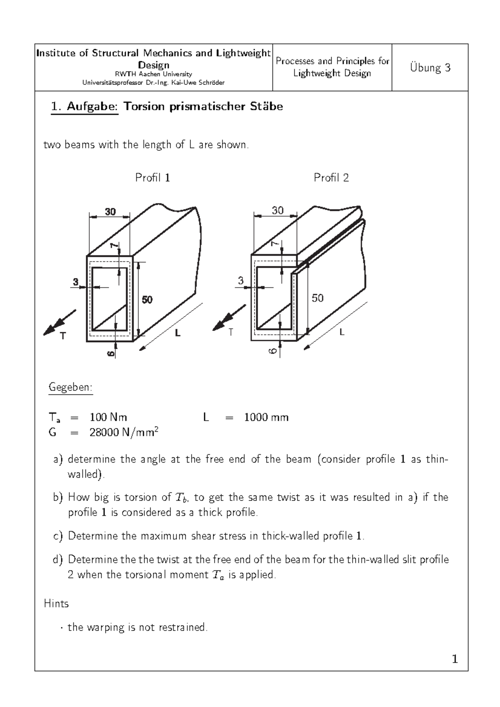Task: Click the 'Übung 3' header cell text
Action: tap(430, 68)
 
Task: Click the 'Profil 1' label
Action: tap(152, 178)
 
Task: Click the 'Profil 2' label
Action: tap(331, 178)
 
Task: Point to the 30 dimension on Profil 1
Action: tap(110, 212)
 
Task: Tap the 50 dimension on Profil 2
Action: tap(317, 298)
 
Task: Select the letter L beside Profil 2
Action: tap(342, 332)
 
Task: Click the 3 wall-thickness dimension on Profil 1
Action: tap(75, 282)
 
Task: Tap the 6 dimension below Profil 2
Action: tap(272, 351)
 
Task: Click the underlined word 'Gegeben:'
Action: tap(70, 387)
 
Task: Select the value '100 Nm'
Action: tap(108, 417)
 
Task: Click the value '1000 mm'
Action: tap(266, 417)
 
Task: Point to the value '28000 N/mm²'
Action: tap(124, 433)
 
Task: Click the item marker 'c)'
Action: tap(58, 536)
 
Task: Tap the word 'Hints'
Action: tap(56, 604)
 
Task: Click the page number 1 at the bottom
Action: tap(455, 659)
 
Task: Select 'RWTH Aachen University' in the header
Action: tap(153, 74)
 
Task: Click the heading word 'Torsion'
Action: tap(144, 107)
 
